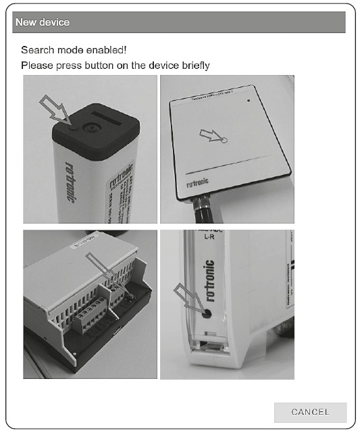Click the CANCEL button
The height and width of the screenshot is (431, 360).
(310, 412)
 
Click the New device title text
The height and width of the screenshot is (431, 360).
(42, 22)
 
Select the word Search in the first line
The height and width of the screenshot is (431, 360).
(37, 50)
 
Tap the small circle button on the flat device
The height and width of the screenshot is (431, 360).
(224, 140)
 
